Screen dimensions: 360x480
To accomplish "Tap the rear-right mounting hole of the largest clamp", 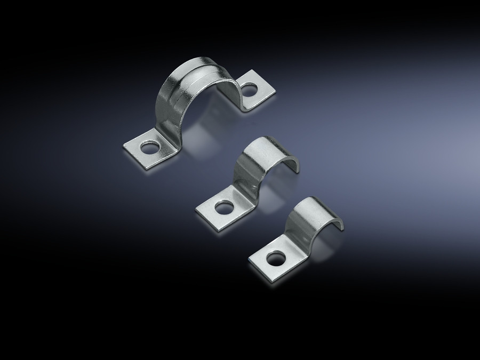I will [x=249, y=91].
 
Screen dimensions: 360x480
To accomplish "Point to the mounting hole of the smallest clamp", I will [x=275, y=260].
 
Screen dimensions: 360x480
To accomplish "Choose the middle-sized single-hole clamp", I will [x=245, y=181].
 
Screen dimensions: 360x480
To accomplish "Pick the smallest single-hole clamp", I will [x=296, y=235].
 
